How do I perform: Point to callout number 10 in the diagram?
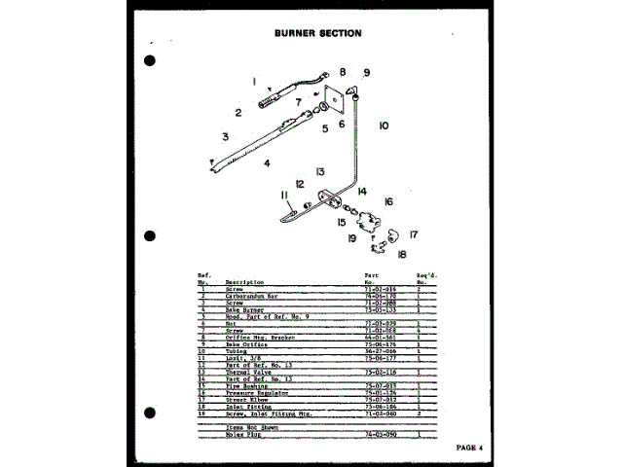click(x=384, y=126)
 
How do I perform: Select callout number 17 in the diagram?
click(x=414, y=233)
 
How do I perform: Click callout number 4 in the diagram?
click(x=266, y=162)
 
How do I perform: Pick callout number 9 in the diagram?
click(x=367, y=73)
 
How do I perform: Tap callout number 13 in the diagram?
click(x=319, y=171)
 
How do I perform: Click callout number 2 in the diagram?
click(x=238, y=113)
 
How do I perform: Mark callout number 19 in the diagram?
click(x=351, y=238)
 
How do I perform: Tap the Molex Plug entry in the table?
click(x=238, y=435)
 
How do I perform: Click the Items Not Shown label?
click(x=244, y=426)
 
